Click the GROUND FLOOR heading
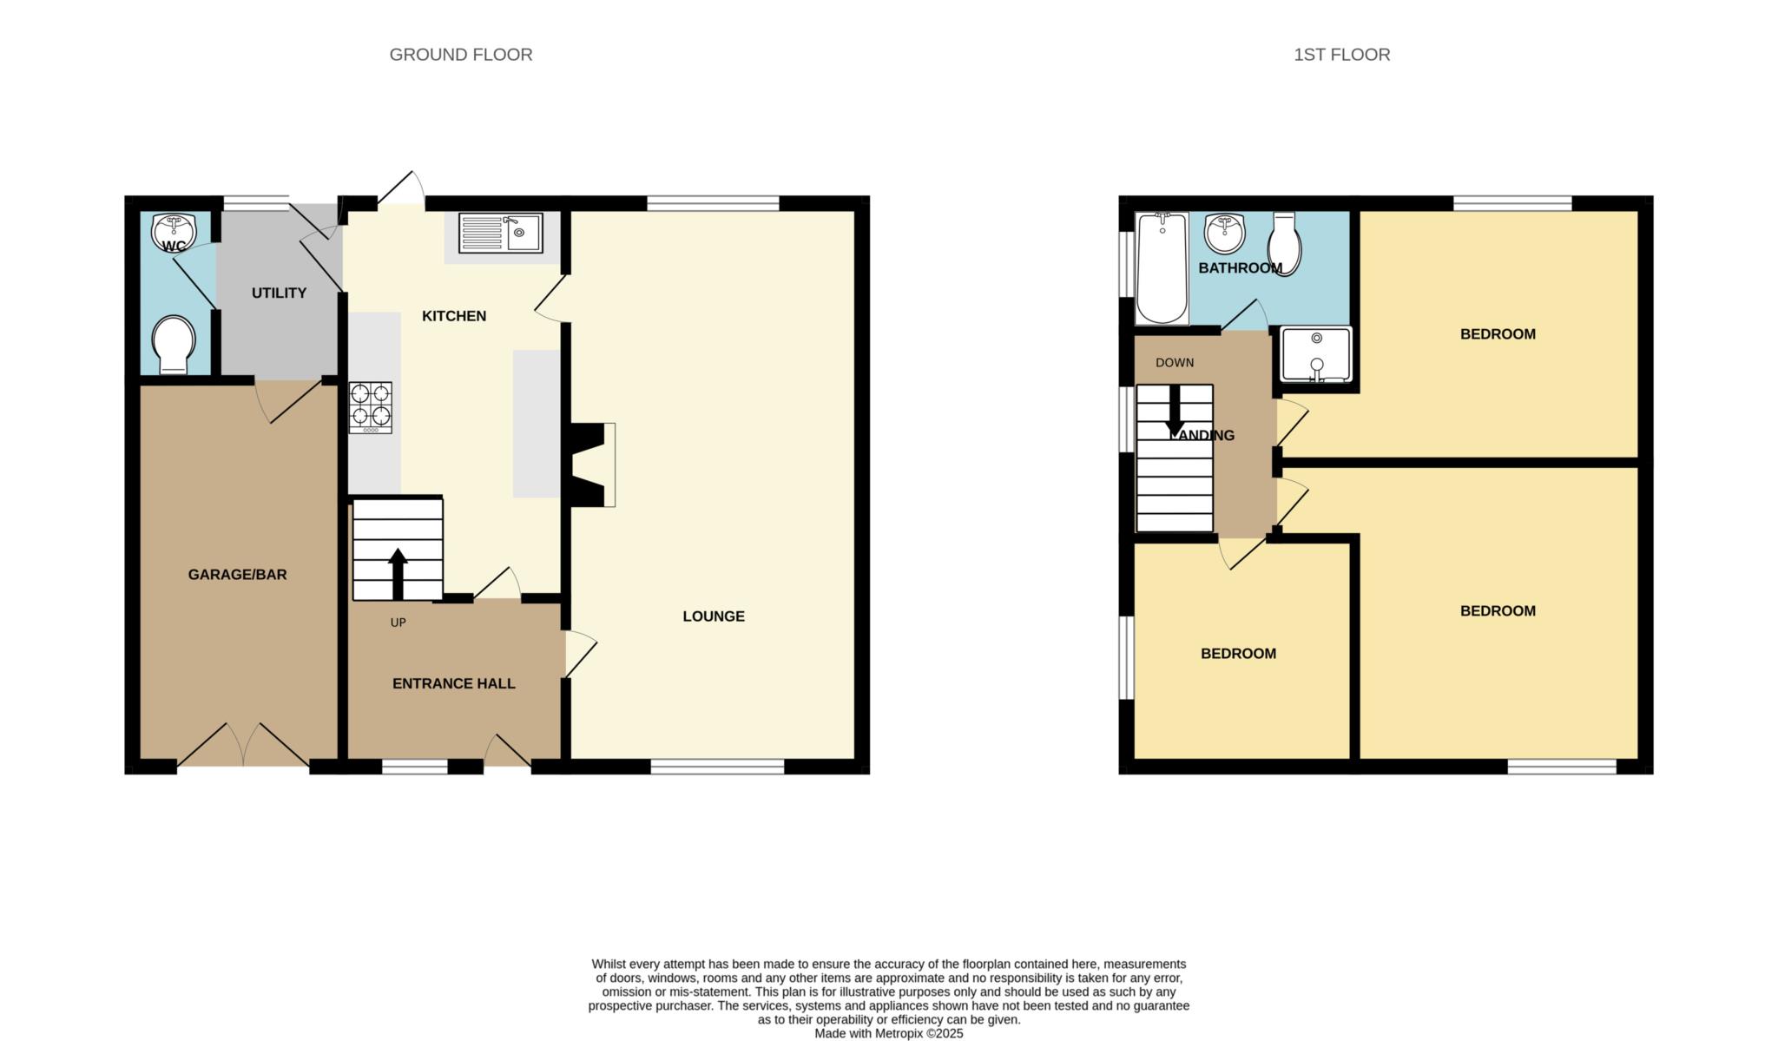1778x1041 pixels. tap(461, 55)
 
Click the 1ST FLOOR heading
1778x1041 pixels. tap(1341, 55)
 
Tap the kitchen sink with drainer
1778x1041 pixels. tap(500, 233)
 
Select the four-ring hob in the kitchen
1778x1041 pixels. tap(371, 408)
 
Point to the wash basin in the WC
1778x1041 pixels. tap(174, 231)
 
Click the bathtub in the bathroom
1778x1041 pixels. tap(1162, 268)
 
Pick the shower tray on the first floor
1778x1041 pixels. tap(1316, 354)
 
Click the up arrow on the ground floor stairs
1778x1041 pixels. tap(398, 574)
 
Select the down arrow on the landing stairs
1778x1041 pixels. tap(1175, 410)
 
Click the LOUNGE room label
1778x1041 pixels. tap(714, 616)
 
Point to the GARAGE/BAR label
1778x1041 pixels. tap(237, 575)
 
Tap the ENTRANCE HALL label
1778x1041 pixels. tap(454, 684)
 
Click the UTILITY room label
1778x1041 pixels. tap(279, 293)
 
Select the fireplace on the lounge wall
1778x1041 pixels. tap(591, 464)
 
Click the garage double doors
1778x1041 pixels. tap(244, 744)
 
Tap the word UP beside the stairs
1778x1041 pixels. tap(398, 623)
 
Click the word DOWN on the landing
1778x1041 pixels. tap(1175, 363)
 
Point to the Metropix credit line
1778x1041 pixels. tap(889, 1034)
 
